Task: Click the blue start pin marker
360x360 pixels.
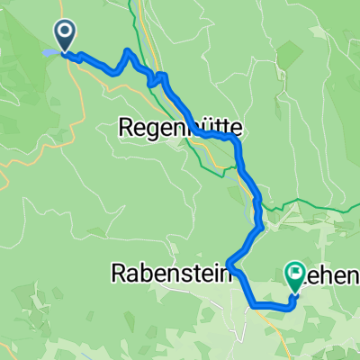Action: (67, 36)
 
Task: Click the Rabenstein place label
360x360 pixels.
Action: (169, 274)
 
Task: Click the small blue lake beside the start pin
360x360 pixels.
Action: (49, 53)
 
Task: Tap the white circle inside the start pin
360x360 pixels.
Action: (67, 32)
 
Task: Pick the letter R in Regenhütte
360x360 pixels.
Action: (126, 130)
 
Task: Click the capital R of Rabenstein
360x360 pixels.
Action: (117, 274)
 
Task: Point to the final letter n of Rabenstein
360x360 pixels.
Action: (223, 274)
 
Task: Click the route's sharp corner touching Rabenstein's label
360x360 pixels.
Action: (231, 264)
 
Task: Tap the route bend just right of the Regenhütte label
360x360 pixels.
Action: (236, 141)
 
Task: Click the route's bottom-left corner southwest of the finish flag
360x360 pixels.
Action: (254, 305)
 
